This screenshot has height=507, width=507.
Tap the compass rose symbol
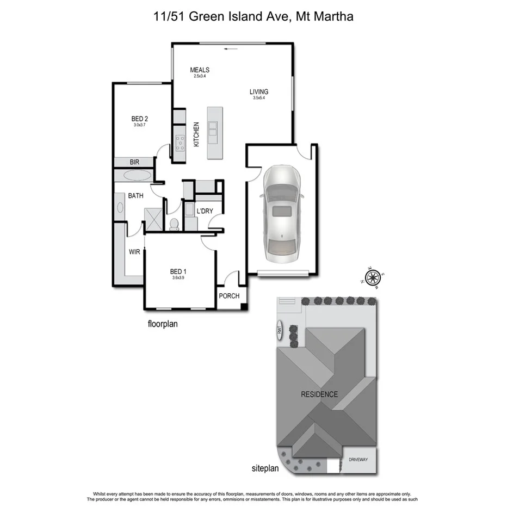pyautogui.click(x=373, y=277)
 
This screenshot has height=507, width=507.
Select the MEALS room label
pyautogui.click(x=200, y=70)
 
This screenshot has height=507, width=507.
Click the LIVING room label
pyautogui.click(x=259, y=92)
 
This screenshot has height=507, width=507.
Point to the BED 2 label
pyautogui.click(x=140, y=119)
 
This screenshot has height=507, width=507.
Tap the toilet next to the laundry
pyautogui.click(x=174, y=224)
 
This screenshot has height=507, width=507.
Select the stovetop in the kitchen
pyautogui.click(x=180, y=143)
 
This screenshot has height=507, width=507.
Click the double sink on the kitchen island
pyautogui.click(x=213, y=129)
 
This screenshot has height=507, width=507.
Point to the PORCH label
pyautogui.click(x=228, y=296)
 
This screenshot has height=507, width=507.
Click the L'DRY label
pyautogui.click(x=205, y=211)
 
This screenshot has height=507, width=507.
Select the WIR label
pyautogui.click(x=135, y=252)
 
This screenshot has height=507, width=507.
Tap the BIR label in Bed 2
pyautogui.click(x=134, y=162)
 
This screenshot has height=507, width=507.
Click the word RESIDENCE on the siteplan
pyautogui.click(x=319, y=394)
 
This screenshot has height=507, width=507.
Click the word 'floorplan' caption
pyautogui.click(x=163, y=324)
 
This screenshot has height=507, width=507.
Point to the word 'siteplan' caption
pyautogui.click(x=265, y=468)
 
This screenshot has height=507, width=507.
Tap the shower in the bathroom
pyautogui.click(x=153, y=219)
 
